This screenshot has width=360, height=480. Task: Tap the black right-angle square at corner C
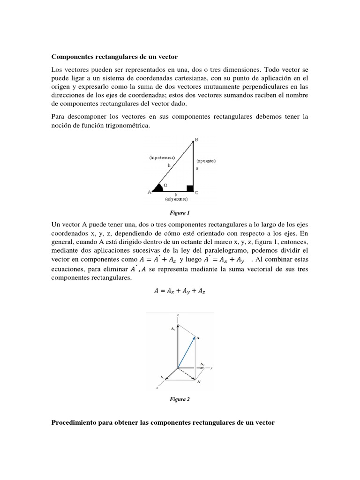pyautogui.click(x=190, y=188)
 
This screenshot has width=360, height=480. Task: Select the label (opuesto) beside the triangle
pyautogui.click(x=206, y=161)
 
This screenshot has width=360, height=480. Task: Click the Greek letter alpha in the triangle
pyautogui.click(x=165, y=185)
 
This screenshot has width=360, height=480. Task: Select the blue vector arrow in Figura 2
pyautogui.click(x=186, y=352)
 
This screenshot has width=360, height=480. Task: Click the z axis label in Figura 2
pyautogui.click(x=178, y=315)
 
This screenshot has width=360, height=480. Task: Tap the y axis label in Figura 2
pyautogui.click(x=212, y=368)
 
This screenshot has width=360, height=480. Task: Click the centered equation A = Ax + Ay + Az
pyautogui.click(x=180, y=291)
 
